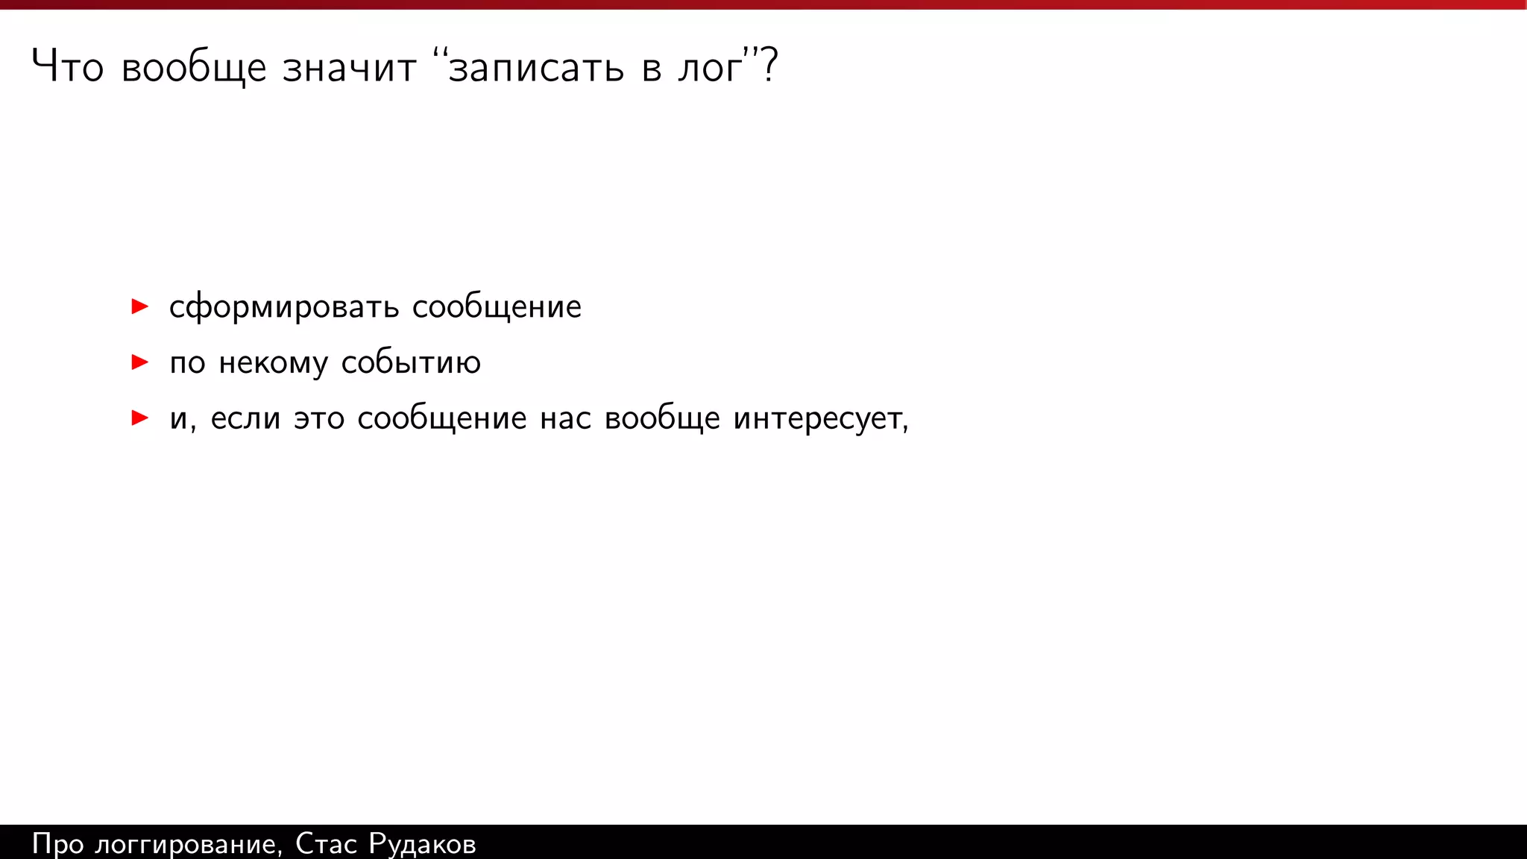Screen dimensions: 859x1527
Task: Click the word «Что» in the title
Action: [67, 67]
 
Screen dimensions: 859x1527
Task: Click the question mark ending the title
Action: [769, 66]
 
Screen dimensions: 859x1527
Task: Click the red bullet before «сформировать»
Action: [139, 306]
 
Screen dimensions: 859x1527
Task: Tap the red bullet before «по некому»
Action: [139, 362]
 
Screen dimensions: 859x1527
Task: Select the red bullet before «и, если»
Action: [139, 418]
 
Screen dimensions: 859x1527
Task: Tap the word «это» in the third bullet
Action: [319, 418]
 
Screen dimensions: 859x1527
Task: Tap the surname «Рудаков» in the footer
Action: [422, 844]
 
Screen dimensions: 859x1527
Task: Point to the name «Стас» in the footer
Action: [326, 843]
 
